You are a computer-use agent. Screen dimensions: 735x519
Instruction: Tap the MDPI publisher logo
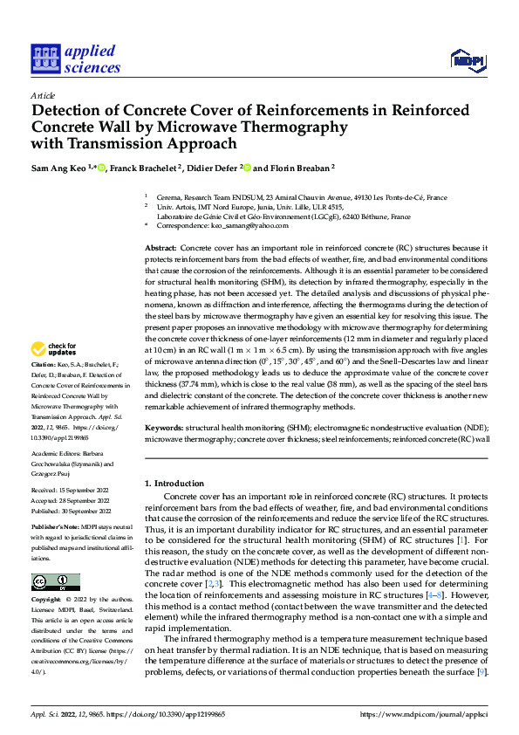[468, 59]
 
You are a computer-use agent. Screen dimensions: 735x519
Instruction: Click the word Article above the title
[43, 95]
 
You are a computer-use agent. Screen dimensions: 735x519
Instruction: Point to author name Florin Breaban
[297, 168]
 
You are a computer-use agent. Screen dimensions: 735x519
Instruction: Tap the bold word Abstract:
[161, 249]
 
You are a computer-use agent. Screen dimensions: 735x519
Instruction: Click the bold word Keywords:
[164, 428]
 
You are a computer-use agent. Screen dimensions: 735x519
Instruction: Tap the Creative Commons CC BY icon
[55, 582]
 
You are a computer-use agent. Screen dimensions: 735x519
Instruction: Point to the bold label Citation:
[43, 363]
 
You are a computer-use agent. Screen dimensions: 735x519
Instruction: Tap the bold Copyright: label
[46, 601]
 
